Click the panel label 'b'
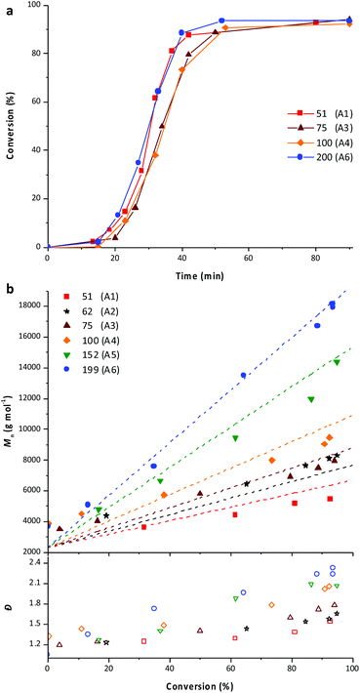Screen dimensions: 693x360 coord(10,289)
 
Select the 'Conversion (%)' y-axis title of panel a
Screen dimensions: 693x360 coord(9,125)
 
